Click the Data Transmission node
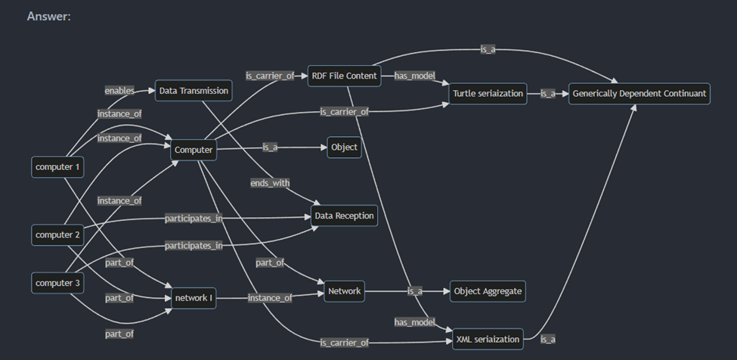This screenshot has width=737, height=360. point(194,91)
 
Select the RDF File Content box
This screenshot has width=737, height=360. point(344,76)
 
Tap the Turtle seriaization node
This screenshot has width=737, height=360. point(488,94)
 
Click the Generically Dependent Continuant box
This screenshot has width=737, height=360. point(639,94)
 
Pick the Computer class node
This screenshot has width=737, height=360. point(194,150)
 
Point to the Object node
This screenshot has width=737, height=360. point(344,147)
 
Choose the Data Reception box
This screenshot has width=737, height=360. point(344,216)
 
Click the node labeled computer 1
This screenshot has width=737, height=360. point(57,167)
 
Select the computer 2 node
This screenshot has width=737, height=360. point(57,235)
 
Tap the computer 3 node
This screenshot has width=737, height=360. point(57,283)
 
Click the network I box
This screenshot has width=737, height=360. point(194,298)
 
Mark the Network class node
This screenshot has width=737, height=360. point(344,291)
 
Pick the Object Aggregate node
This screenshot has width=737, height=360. point(488,291)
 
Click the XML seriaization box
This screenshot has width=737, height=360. point(488,340)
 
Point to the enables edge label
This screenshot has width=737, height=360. point(119,91)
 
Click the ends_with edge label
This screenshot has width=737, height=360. point(270,183)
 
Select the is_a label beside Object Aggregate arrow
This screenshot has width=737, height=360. point(414,291)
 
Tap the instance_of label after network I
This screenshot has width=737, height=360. point(270,298)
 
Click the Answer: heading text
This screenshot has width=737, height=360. point(49,17)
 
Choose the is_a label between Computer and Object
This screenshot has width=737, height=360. point(270,147)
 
